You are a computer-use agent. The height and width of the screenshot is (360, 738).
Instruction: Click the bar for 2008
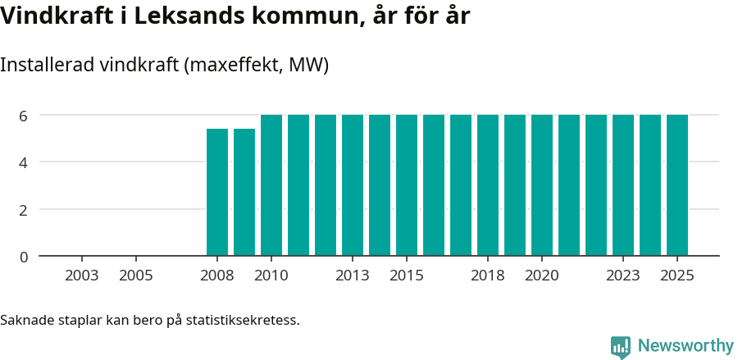[217, 192]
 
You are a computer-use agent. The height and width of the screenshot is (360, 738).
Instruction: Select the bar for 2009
[244, 192]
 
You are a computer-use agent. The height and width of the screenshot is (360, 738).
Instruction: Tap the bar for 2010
[271, 185]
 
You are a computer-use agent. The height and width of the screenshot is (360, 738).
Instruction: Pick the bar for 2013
[353, 185]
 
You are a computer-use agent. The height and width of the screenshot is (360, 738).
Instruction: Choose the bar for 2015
[407, 185]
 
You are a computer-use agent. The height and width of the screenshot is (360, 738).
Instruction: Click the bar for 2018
[488, 185]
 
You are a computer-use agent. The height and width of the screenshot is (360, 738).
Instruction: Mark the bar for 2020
[542, 185]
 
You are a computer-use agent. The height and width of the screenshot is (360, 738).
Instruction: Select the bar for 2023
[623, 185]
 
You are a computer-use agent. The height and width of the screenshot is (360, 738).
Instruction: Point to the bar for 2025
[677, 185]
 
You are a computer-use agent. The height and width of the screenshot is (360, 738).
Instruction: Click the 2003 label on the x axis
[82, 276]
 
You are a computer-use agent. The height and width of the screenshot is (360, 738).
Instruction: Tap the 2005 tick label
[136, 276]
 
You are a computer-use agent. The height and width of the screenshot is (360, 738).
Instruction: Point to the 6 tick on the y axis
[24, 116]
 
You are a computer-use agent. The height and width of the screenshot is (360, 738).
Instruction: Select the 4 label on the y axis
[24, 162]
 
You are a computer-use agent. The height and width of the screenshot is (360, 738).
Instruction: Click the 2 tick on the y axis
[24, 210]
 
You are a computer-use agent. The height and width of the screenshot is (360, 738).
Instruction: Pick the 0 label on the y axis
[24, 257]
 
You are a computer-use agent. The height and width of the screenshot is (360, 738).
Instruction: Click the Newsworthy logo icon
[621, 346]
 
